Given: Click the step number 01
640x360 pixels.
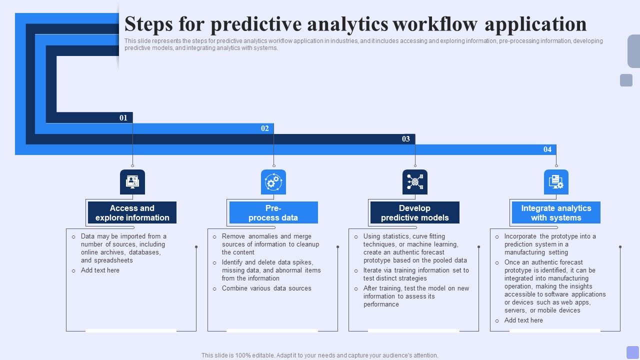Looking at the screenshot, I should [123, 118].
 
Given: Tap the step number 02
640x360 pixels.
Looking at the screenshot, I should [265, 128].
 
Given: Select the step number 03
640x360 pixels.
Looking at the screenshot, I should [406, 139].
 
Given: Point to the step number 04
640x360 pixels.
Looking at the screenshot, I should [547, 149].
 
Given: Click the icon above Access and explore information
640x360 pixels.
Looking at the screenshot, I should [132, 182].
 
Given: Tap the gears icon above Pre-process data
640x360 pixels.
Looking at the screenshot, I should [273, 182].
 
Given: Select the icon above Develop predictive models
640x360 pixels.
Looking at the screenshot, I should [415, 182].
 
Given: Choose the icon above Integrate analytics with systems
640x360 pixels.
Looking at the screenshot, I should [556, 182].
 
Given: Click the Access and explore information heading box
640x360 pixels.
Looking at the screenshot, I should [132, 213].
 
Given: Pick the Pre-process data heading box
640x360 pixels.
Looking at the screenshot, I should [273, 213].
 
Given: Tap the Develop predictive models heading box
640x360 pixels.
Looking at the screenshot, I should [415, 213].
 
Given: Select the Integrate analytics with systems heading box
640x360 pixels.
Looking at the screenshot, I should [556, 213].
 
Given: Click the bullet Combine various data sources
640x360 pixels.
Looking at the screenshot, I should [266, 288].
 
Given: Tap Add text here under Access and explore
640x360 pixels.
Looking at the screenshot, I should [100, 270].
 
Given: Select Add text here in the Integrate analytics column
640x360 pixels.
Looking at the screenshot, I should [523, 320].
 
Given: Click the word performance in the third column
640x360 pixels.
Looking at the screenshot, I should [381, 304].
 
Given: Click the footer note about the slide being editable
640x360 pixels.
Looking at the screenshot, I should [320, 355].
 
